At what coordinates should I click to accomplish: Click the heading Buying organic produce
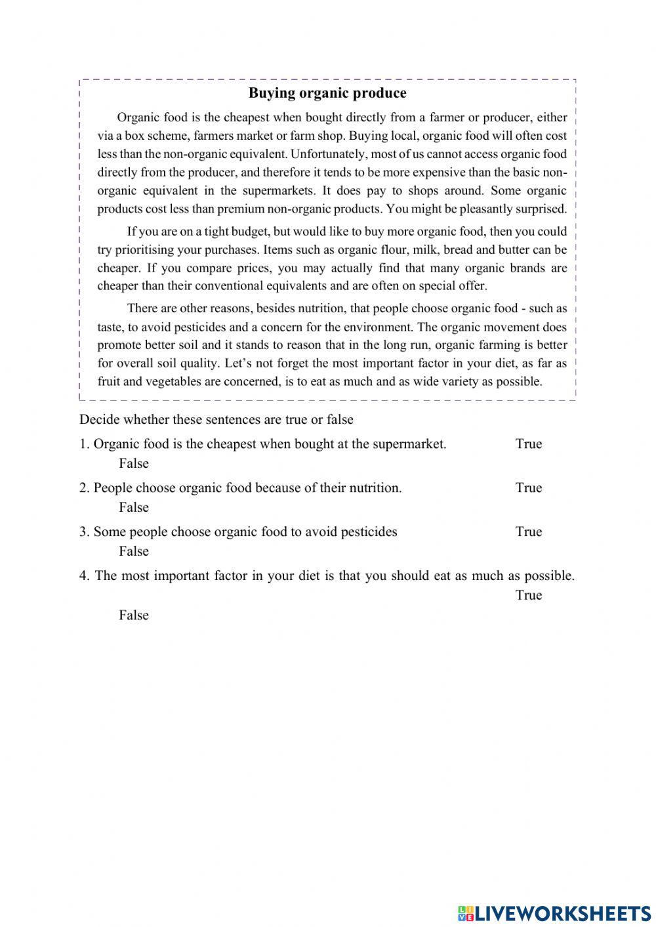[x=327, y=93]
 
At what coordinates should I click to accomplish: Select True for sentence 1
[x=528, y=444]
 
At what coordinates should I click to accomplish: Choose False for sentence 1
[x=134, y=464]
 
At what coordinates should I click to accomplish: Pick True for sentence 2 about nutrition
[x=528, y=488]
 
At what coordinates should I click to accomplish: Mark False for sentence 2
[x=134, y=508]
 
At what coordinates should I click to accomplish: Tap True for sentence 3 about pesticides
[x=528, y=532]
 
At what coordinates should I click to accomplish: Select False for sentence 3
[x=134, y=552]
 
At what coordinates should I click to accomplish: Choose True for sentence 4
[x=528, y=596]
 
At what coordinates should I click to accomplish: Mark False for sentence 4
[x=134, y=615]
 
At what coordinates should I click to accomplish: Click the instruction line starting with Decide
[x=216, y=420]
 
